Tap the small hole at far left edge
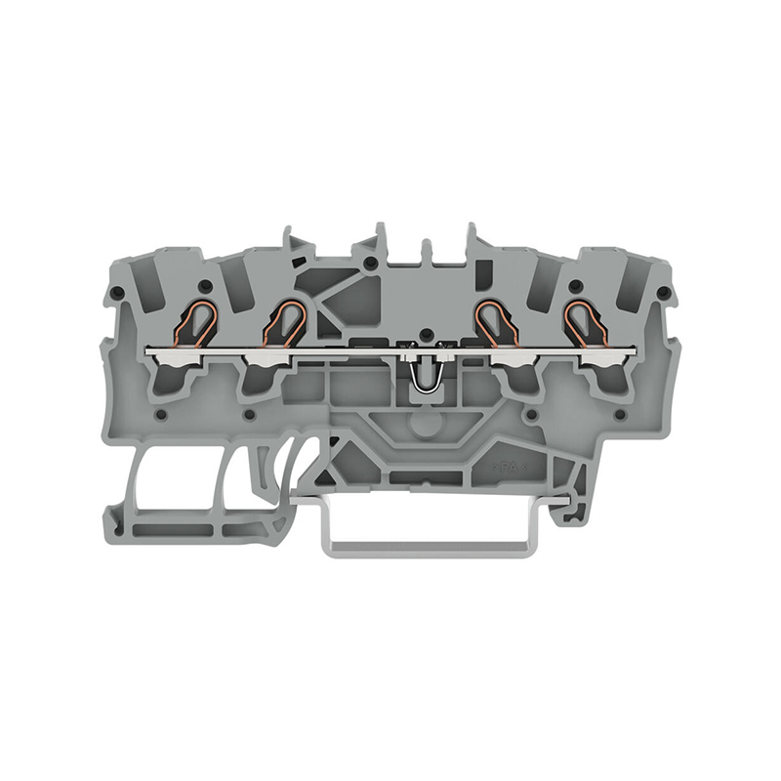pyautogui.click(x=117, y=293)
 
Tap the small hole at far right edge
pyautogui.click(x=663, y=293)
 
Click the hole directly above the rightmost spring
pyautogui.click(x=576, y=285)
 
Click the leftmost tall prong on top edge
pyautogui.click(x=291, y=244)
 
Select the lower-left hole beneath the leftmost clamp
pyautogui.click(x=158, y=415)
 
